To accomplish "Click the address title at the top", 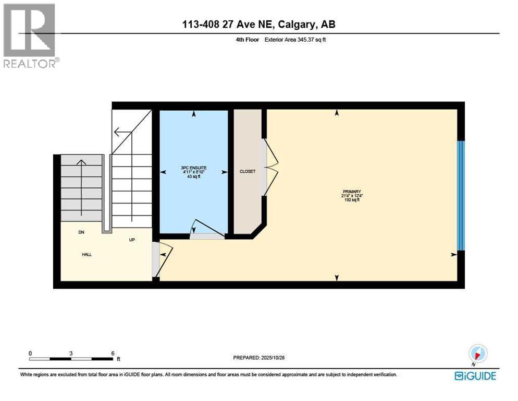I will pos(258,25).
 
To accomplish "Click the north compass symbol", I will pos(477,353).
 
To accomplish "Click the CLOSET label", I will pos(248,171).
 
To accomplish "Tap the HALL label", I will pos(87,255).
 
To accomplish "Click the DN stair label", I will pos(81,232).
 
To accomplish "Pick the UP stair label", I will pos(132,240).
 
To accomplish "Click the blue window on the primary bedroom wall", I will pos(460,195).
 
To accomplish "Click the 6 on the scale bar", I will pos(113,353).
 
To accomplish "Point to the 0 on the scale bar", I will pos(30,353).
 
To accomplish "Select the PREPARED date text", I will pos(258,358).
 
